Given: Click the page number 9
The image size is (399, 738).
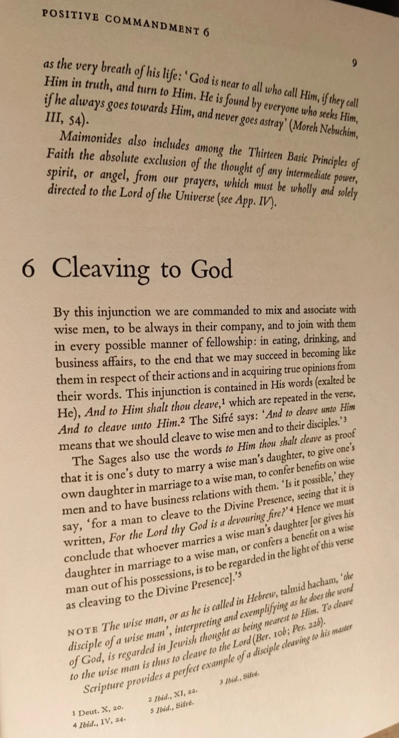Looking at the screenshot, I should pyautogui.click(x=355, y=63).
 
